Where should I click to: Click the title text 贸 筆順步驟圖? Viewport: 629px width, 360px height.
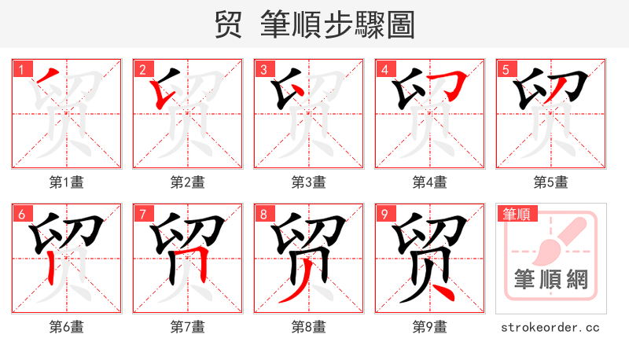[x=314, y=24]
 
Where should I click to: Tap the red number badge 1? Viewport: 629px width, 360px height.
[x=21, y=70]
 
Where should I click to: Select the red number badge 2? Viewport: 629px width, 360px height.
[x=142, y=70]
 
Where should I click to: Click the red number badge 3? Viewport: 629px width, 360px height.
[x=263, y=70]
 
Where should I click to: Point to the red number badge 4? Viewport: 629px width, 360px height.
[x=384, y=70]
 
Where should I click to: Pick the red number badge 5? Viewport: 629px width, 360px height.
[x=506, y=70]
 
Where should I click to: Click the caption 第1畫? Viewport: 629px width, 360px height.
[x=67, y=182]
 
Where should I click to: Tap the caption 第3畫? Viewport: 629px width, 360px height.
[x=309, y=182]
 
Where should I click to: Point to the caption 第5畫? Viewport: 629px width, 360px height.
[x=551, y=182]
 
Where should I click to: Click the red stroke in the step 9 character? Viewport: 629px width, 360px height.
[x=445, y=292]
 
